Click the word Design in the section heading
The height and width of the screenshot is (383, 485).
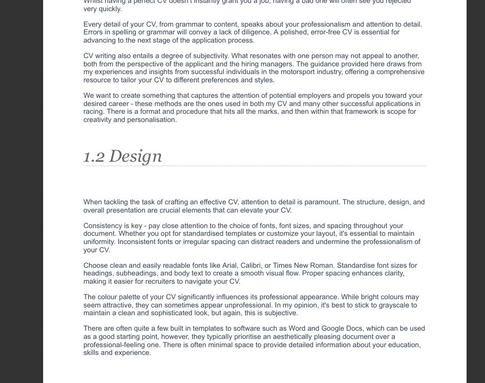point(135,156)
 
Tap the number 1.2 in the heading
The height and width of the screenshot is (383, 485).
point(94,156)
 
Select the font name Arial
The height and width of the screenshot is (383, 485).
point(230,265)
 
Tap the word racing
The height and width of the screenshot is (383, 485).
point(94,111)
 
